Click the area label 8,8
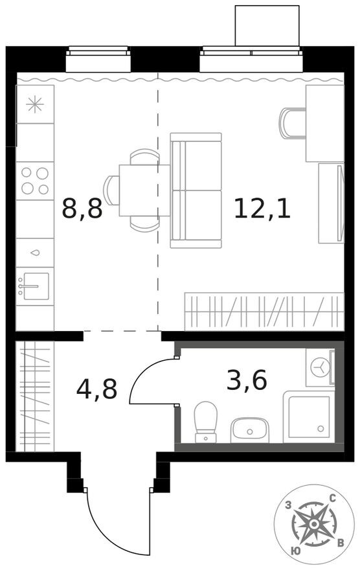(82, 208)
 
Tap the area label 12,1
(262, 208)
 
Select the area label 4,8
(96, 389)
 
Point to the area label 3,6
(247, 380)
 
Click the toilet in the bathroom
(206, 422)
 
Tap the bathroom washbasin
(249, 430)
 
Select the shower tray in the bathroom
(308, 417)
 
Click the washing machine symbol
(320, 367)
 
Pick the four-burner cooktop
(35, 181)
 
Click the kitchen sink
(35, 286)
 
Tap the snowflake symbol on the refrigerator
(35, 105)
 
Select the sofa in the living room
(196, 190)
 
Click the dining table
(144, 190)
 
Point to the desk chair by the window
(293, 123)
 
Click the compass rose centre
(313, 524)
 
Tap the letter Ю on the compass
(296, 551)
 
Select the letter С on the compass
(332, 498)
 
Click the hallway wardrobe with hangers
(35, 396)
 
